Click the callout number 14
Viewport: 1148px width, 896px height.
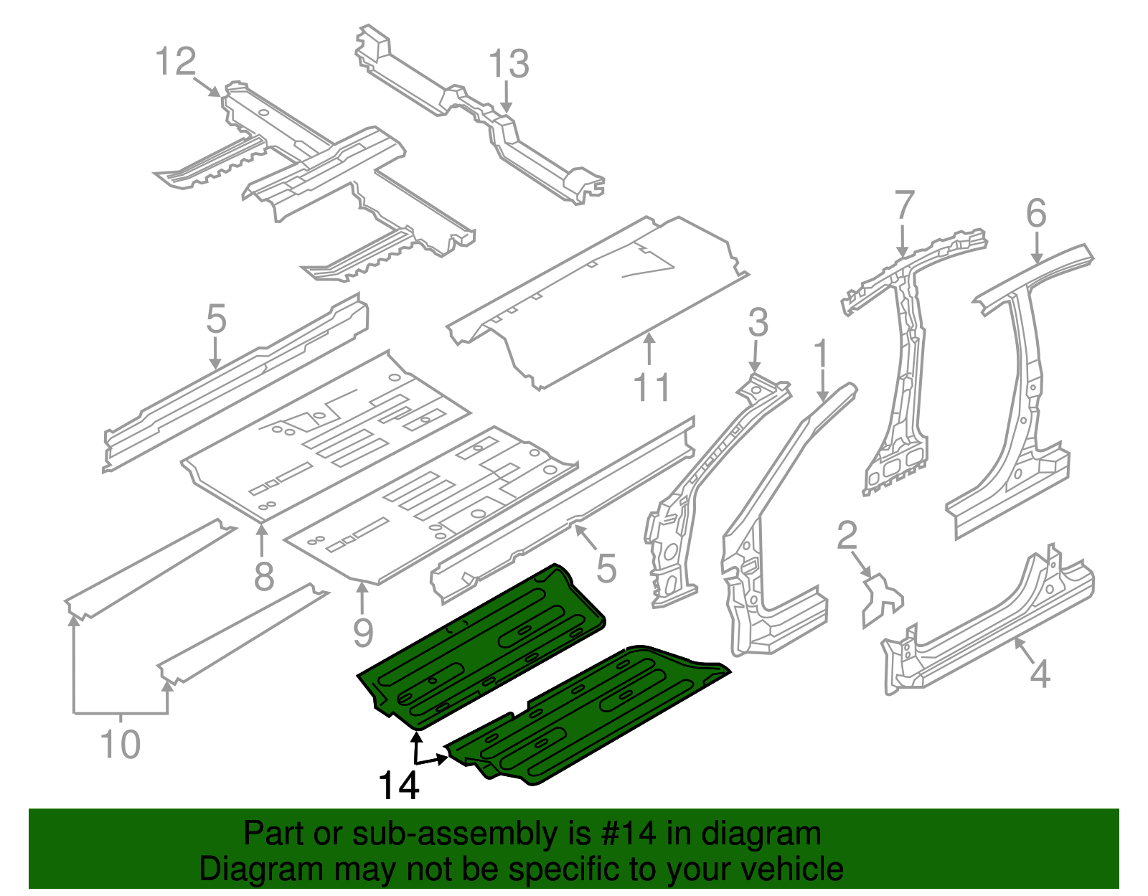398,786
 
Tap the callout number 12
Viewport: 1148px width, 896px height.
176,62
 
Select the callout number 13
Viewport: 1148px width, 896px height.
509,65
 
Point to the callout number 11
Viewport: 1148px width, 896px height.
651,388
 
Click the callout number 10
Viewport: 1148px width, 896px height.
121,744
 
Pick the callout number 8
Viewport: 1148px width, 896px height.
264,576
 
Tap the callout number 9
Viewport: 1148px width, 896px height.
364,633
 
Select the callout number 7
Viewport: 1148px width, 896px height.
905,206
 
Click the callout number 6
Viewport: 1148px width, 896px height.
1036,214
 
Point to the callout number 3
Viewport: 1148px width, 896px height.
758,323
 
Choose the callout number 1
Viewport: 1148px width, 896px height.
821,357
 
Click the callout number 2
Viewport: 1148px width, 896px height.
847,536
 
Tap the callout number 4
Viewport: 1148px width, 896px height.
1040,674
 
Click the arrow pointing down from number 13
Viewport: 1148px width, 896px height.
507,97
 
